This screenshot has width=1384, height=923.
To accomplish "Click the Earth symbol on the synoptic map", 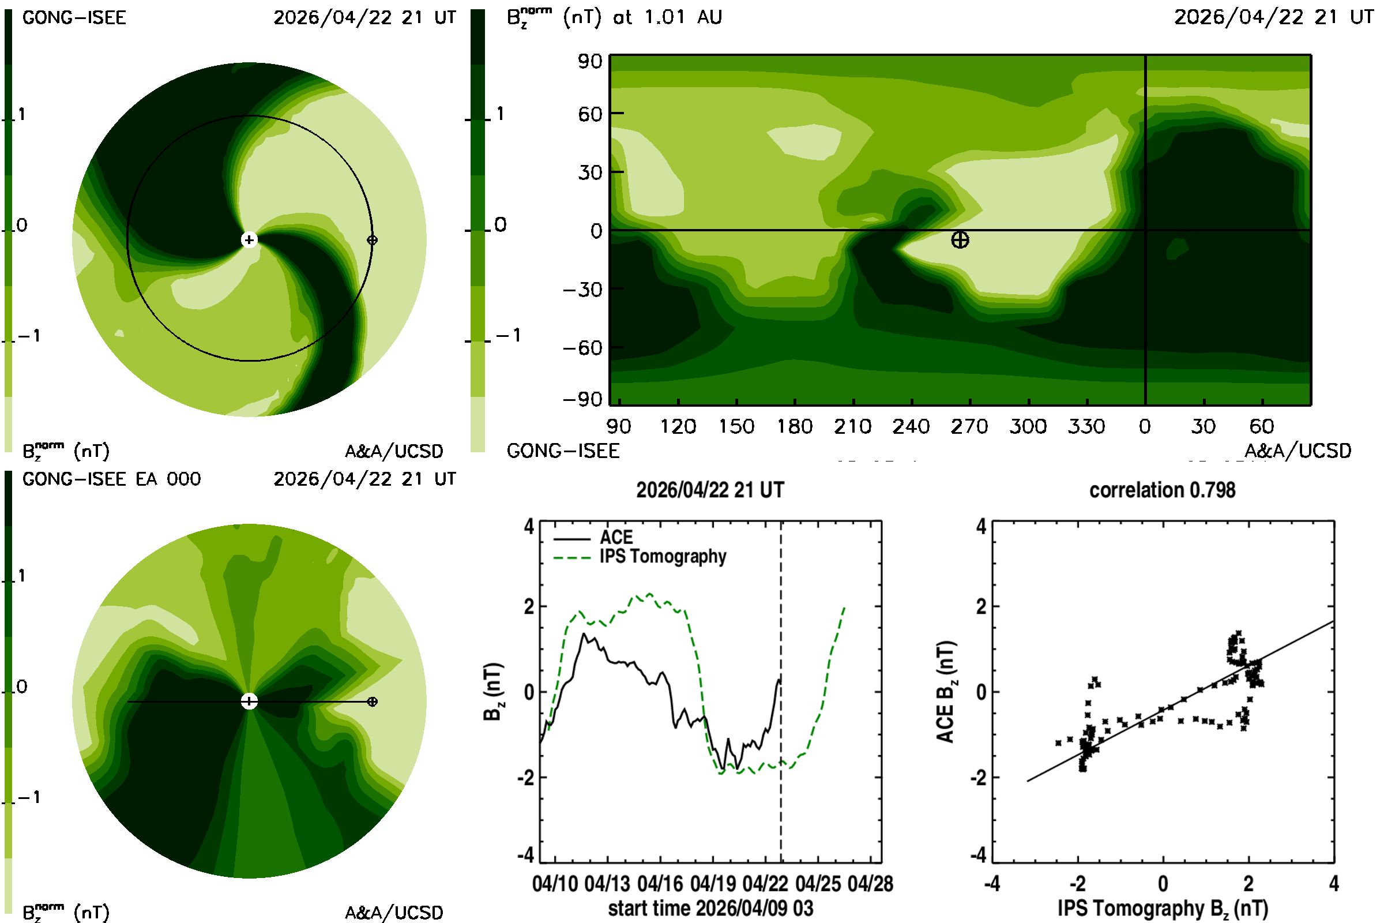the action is point(960,239).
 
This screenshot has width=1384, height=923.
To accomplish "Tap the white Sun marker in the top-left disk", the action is point(250,239).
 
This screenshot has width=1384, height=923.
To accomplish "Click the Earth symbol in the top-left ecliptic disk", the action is point(372,239).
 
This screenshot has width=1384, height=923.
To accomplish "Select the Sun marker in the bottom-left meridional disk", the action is point(250,701).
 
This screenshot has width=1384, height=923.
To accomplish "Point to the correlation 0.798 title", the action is point(1162,490).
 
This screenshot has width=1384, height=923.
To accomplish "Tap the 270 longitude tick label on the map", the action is point(969,426).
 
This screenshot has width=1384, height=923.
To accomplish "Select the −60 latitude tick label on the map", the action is point(582,348).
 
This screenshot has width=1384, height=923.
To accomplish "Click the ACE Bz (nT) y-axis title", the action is point(946,692).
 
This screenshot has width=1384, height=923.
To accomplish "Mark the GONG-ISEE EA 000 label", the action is point(111,479).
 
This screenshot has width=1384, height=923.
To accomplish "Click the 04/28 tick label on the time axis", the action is point(870,884).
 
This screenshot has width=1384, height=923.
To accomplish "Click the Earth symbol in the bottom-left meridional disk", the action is point(372,701).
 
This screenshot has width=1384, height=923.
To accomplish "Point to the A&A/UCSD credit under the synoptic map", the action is point(1297,451).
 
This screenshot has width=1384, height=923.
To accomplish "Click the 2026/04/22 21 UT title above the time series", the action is point(710,490).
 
